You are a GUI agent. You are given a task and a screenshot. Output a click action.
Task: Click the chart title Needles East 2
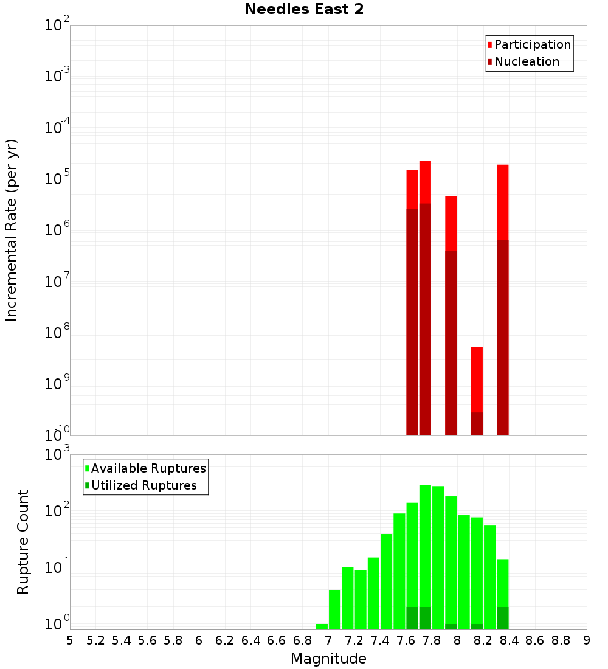pyautogui.click(x=304, y=10)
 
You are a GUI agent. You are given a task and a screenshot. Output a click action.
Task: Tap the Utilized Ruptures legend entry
pyautogui.click(x=143, y=485)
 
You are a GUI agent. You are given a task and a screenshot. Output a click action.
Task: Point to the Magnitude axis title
pyautogui.click(x=328, y=659)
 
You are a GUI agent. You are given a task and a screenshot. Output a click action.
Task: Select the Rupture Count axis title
pyautogui.click(x=23, y=542)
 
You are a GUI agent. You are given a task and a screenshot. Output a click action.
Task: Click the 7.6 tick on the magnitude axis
pyautogui.click(x=406, y=640)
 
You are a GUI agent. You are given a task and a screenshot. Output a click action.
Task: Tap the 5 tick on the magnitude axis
pyautogui.click(x=70, y=640)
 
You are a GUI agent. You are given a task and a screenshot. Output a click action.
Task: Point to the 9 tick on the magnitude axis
pyautogui.click(x=587, y=640)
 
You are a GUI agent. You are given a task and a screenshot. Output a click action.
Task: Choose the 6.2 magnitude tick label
pyautogui.click(x=225, y=640)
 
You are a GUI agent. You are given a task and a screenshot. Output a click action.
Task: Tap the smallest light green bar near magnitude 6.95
pyautogui.click(x=322, y=626)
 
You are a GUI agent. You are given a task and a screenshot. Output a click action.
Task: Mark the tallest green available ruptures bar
pyautogui.click(x=425, y=547)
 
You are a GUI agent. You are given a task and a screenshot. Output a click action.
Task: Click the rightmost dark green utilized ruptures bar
pyautogui.click(x=502, y=618)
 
